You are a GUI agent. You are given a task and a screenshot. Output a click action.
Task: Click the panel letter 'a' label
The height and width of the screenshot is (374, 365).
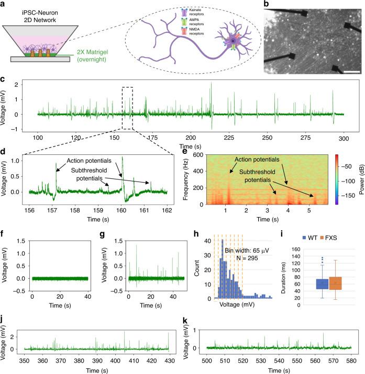click(x=4, y=4)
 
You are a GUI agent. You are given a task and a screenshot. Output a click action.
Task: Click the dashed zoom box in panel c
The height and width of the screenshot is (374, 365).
click(x=127, y=107)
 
